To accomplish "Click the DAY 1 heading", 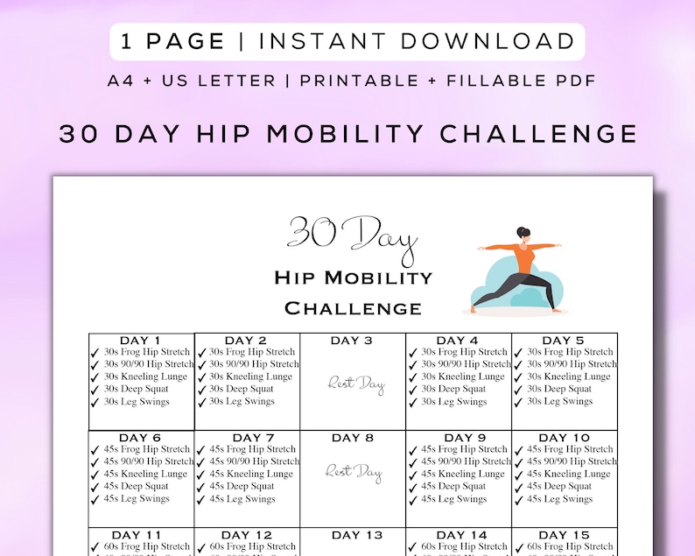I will [x=140, y=341].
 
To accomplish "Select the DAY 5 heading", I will [x=563, y=341].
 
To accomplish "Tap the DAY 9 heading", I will [x=465, y=438].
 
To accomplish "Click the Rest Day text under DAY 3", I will [x=355, y=384].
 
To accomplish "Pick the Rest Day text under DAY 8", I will [x=354, y=472].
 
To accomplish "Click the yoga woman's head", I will [x=523, y=235].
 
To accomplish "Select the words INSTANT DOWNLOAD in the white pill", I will [x=417, y=41].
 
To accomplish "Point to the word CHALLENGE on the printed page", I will [x=353, y=308].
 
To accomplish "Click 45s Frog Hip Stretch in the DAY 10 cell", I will [x=570, y=449].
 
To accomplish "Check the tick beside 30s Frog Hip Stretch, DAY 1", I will [x=95, y=353].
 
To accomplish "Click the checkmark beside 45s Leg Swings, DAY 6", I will [x=95, y=500].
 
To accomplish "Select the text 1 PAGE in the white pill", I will [x=174, y=41].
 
